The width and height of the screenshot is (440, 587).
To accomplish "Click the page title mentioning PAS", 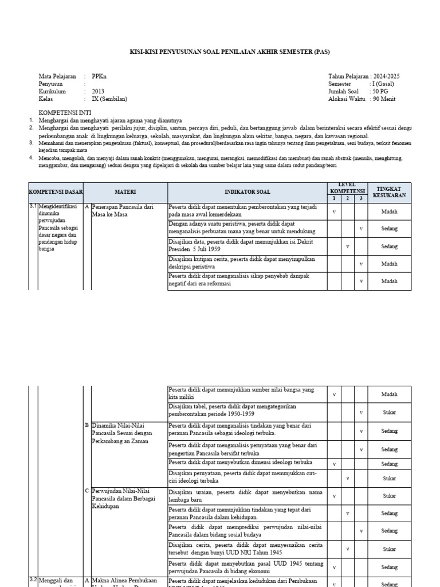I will pos(230,52).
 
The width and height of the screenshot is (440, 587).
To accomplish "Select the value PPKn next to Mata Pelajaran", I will pos(99,76).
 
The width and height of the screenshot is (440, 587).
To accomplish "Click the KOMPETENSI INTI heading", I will pos(65,112).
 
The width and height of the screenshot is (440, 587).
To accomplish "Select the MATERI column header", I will pos(124,192).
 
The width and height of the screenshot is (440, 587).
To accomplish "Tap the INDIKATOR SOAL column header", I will pos(247,192).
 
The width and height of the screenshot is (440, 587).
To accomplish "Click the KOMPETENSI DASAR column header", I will pos(56,192).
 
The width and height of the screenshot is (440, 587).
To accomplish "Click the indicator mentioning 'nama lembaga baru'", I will pos(245,495).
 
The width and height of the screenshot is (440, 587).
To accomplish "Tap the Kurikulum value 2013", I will pos(99,91).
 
